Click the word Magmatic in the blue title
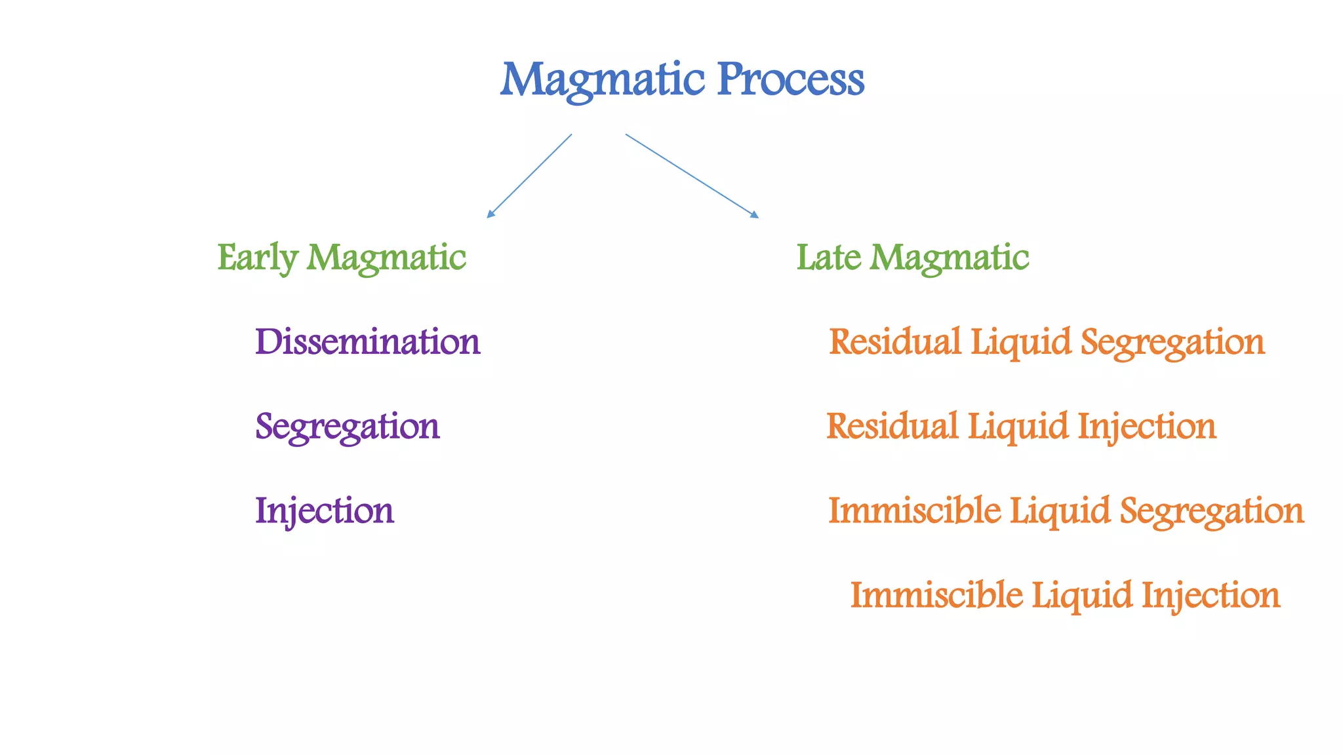[x=602, y=80]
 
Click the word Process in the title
[x=791, y=80]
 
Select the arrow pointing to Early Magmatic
[x=529, y=176]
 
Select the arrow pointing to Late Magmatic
[x=692, y=176]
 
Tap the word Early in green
[x=257, y=258]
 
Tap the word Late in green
[x=828, y=258]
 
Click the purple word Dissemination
[x=367, y=342]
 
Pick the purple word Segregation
[x=347, y=427]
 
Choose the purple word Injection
[x=324, y=511]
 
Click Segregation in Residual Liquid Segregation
[x=1172, y=342]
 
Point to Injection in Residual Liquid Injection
[x=1147, y=427]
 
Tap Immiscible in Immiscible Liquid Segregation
[x=914, y=511]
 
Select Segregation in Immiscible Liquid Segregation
[x=1211, y=511]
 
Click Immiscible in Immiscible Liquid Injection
[x=936, y=596]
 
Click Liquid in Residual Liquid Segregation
[x=1020, y=342]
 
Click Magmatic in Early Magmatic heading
[x=386, y=258]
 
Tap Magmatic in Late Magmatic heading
[x=949, y=258]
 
